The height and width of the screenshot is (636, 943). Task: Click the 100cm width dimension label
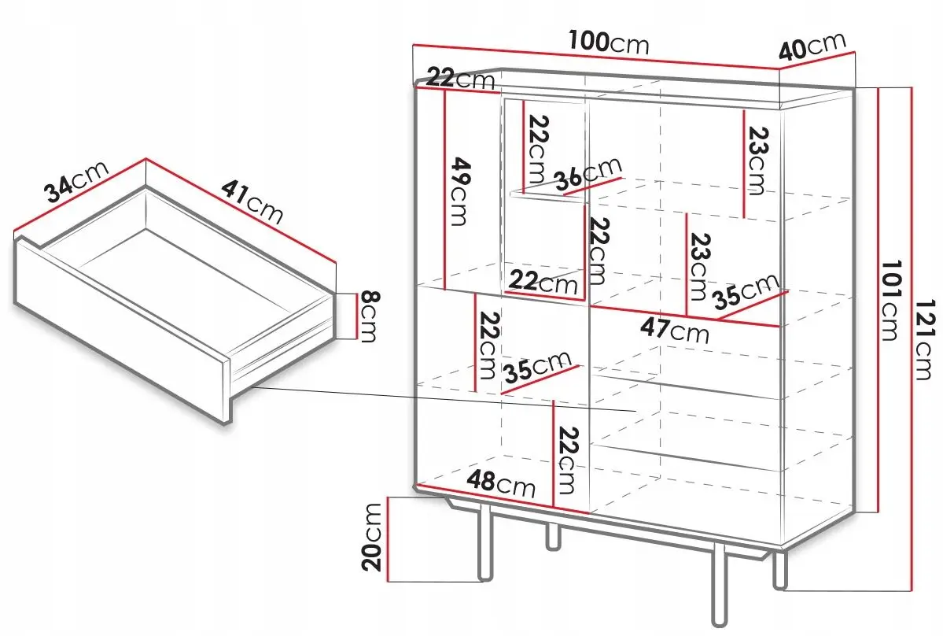[x=610, y=43]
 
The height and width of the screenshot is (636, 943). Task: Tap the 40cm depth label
[x=812, y=46]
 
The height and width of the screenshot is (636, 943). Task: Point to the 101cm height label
[x=892, y=300]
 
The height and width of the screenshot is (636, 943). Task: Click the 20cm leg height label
[x=373, y=537]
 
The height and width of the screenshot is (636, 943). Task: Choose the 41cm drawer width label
[x=252, y=201]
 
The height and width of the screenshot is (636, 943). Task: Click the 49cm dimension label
[x=460, y=191]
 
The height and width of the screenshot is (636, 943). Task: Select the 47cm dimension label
[x=675, y=331]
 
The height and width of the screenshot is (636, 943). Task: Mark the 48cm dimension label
[x=500, y=483]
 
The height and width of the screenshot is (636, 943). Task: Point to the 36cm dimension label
[x=588, y=174]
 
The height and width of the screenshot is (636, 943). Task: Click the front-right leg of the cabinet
[x=719, y=583]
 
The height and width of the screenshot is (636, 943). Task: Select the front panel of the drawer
[x=121, y=330]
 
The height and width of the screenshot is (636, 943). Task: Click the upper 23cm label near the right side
[x=758, y=161]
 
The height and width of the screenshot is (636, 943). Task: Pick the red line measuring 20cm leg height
[x=389, y=540]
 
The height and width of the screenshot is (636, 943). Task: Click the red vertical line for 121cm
[x=912, y=338]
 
